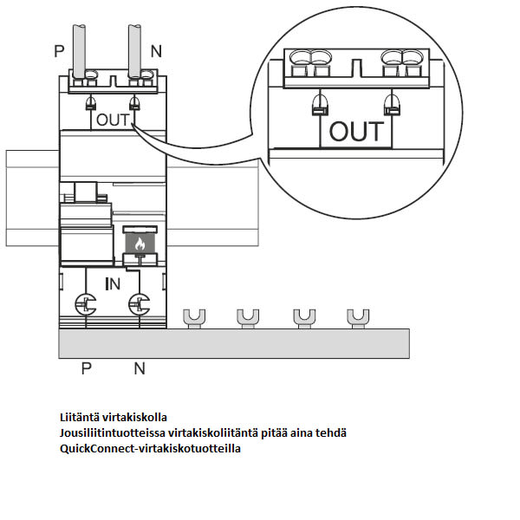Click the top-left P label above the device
[59, 51]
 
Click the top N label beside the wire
[156, 51]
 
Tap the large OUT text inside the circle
[356, 132]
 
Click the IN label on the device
[113, 283]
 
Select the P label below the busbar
[87, 368]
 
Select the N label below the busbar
[140, 368]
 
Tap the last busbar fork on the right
[356, 316]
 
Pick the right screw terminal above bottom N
[135, 303]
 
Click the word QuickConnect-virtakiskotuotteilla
[150, 448]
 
